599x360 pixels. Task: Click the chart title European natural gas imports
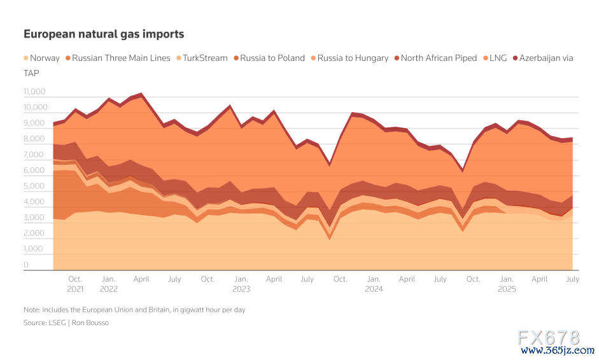click(x=104, y=34)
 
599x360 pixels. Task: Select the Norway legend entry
click(x=41, y=58)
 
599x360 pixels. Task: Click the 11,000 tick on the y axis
click(x=34, y=92)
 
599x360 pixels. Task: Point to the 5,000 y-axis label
click(x=34, y=187)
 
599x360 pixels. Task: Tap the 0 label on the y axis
click(x=25, y=265)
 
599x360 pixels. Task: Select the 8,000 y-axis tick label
click(x=34, y=139)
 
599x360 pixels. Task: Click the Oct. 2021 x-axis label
click(x=75, y=284)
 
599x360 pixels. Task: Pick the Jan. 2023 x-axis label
click(x=241, y=284)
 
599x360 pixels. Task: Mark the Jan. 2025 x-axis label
click(x=507, y=284)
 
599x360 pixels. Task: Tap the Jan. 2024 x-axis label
click(x=374, y=284)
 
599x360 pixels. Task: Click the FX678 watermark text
click(x=549, y=337)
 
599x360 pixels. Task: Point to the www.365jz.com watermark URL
click(x=549, y=350)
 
